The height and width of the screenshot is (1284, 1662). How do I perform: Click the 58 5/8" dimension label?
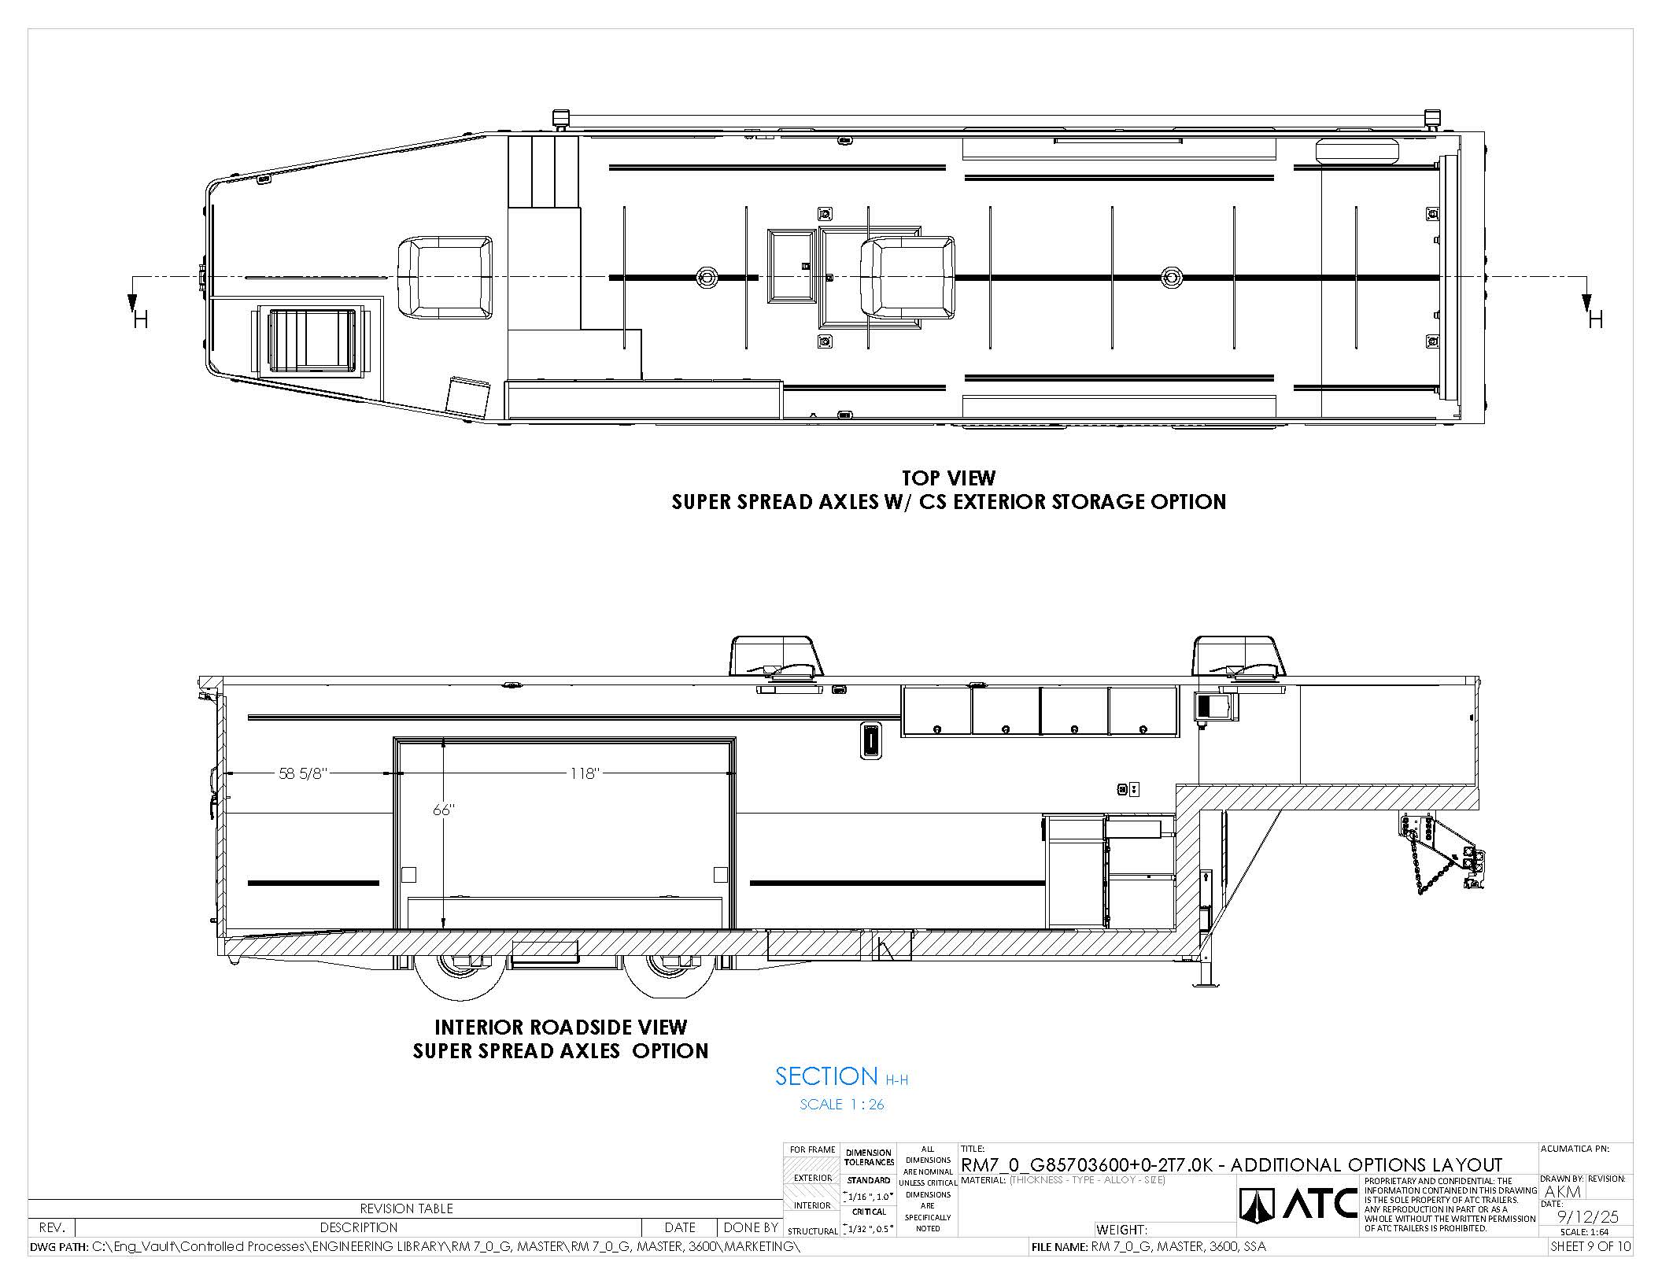click(x=302, y=773)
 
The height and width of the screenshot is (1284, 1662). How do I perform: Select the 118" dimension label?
click(x=585, y=773)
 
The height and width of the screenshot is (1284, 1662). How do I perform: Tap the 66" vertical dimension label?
click(x=444, y=810)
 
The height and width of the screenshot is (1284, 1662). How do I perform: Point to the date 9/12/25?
click(x=1587, y=1216)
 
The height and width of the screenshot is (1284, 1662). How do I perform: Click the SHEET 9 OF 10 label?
click(x=1590, y=1247)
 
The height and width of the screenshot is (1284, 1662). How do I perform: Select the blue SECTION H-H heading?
click(x=841, y=1076)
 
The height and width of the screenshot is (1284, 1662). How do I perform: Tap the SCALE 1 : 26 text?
click(x=842, y=1105)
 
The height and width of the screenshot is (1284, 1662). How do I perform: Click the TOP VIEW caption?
click(x=948, y=478)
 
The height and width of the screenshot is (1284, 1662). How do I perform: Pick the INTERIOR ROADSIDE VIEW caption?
click(x=561, y=1028)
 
